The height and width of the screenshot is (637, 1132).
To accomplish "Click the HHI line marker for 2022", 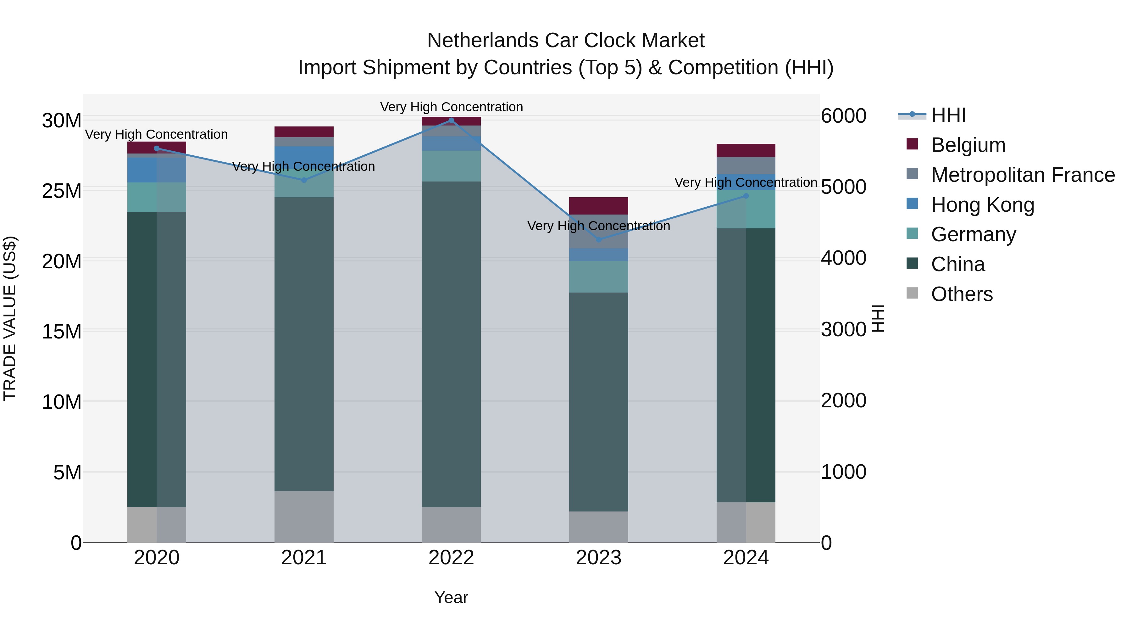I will click(x=451, y=120).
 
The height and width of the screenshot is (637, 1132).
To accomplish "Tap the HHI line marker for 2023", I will click(x=598, y=240).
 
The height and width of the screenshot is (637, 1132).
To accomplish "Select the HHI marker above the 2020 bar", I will click(x=157, y=148).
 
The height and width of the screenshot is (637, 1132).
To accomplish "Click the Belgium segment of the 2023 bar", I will click(x=598, y=206).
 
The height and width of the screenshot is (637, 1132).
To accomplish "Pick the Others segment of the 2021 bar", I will click(x=304, y=517).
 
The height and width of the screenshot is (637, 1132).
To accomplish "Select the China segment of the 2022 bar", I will click(x=451, y=344).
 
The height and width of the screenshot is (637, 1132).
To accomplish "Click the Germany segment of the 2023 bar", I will click(x=598, y=277).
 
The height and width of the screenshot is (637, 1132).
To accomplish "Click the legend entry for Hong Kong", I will click(x=982, y=205).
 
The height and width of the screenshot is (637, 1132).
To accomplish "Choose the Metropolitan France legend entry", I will click(x=1022, y=175).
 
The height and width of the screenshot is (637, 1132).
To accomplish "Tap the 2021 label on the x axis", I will click(x=304, y=558).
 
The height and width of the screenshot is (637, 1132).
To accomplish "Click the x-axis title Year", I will click(x=451, y=597).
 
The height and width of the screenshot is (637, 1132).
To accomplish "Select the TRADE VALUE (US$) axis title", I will click(x=10, y=318).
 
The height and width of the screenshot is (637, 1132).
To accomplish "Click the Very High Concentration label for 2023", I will click(x=598, y=226).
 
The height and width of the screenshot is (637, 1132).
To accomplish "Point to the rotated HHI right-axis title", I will click(x=878, y=318).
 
